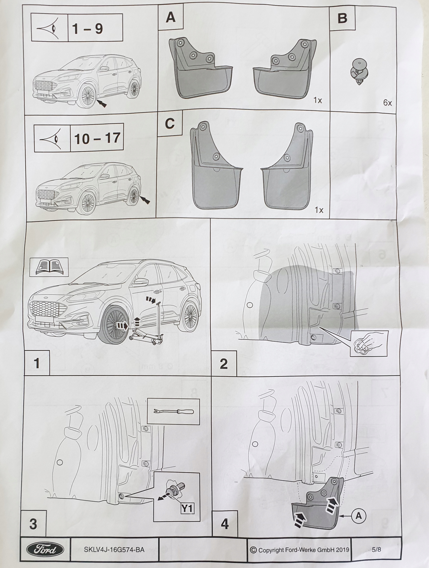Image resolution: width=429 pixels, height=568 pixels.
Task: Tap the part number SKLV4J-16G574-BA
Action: pyautogui.click(x=114, y=550)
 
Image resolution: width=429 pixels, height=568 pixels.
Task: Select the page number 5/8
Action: pyautogui.click(x=376, y=550)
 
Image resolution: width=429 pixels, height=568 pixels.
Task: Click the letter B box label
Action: pyautogui.click(x=342, y=18)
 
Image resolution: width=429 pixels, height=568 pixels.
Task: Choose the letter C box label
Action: pyautogui.click(x=169, y=124)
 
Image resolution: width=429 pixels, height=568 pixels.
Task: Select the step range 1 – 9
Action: pyautogui.click(x=88, y=28)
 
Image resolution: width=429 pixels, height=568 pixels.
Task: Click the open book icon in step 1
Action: pyautogui.click(x=49, y=267)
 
